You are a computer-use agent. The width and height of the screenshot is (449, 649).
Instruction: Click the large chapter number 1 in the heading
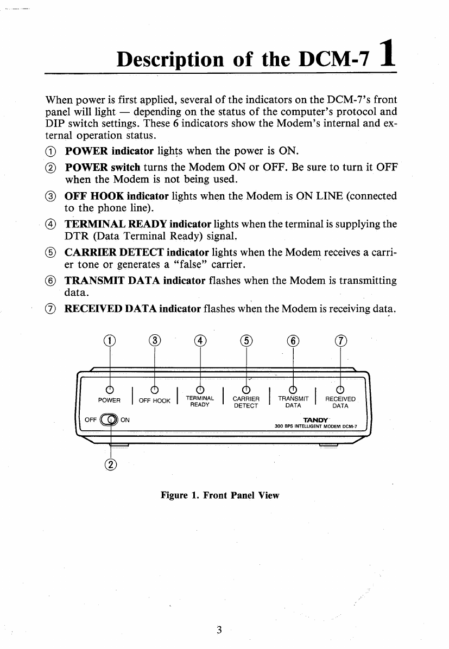click(387, 56)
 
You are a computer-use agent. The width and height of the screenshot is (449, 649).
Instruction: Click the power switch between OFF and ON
click(110, 418)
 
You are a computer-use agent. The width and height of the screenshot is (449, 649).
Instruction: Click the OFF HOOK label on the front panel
click(154, 400)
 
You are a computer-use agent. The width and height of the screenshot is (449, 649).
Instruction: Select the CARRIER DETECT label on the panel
click(245, 402)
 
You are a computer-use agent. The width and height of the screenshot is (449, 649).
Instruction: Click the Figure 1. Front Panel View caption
click(219, 495)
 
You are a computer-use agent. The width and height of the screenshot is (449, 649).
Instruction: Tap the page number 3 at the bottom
click(219, 630)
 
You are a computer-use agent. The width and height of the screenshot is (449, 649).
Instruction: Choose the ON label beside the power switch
click(124, 419)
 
